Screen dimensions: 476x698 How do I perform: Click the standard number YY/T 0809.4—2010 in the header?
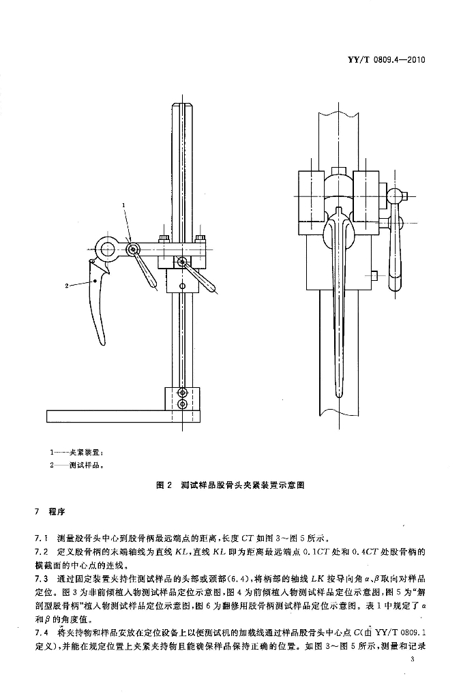tap(386, 59)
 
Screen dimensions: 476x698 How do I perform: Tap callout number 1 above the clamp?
tap(124, 205)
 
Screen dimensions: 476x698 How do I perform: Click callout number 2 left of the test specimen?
tap(67, 286)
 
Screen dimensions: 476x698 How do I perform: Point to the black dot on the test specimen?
tap(95, 281)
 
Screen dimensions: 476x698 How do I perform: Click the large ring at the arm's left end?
tap(108, 249)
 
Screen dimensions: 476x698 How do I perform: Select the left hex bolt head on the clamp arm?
tap(164, 238)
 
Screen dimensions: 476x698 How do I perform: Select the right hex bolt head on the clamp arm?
tap(200, 238)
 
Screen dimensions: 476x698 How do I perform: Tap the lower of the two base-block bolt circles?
tap(182, 404)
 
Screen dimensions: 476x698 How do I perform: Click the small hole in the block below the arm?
tap(182, 285)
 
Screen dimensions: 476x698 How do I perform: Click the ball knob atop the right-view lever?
tap(395, 196)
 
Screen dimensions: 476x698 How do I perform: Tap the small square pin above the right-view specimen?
tap(339, 171)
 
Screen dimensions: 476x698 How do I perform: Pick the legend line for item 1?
tap(77, 453)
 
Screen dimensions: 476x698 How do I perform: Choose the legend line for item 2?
tap(77, 466)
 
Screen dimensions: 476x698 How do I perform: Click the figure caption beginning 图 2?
tap(230, 485)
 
